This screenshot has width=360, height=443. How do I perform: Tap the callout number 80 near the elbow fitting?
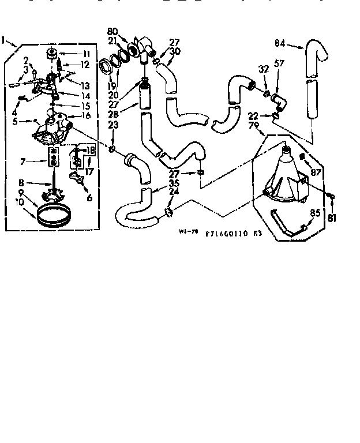tap(112, 31)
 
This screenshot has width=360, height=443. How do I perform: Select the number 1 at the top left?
tap(5, 40)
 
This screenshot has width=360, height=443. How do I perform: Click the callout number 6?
tap(89, 197)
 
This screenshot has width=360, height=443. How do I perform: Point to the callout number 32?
tap(264, 70)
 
